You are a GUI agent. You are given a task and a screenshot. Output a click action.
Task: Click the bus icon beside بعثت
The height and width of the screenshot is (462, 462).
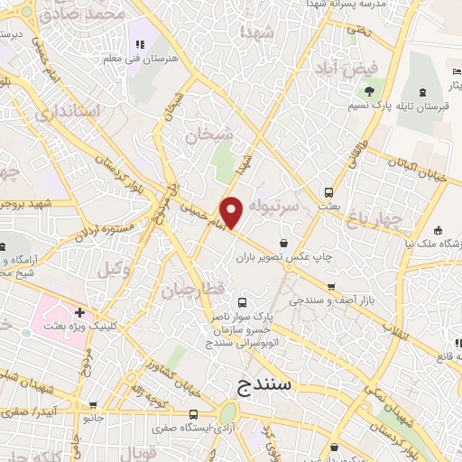(328, 191)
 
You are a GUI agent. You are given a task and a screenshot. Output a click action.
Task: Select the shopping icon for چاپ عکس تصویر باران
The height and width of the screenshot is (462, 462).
(284, 242)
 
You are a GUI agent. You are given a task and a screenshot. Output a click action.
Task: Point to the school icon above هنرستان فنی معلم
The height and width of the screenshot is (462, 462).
(139, 44)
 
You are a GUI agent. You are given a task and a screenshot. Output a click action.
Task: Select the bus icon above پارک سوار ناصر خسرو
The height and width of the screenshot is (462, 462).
(241, 303)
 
